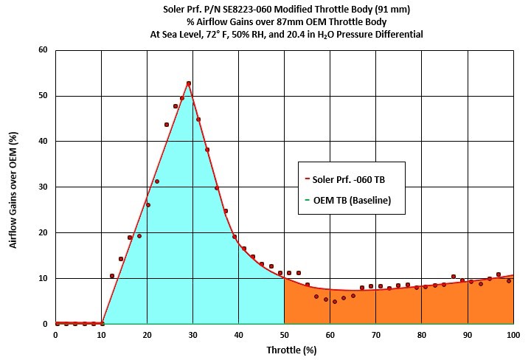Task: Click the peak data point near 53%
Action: click(189, 83)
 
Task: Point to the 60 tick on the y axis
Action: click(43, 50)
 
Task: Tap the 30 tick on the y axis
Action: click(43, 187)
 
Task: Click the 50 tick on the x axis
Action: click(284, 336)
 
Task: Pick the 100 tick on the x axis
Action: click(513, 336)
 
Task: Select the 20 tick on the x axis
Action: click(147, 336)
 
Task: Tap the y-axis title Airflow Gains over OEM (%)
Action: click(14, 187)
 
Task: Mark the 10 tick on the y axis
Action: click(43, 278)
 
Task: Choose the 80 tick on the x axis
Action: click(421, 336)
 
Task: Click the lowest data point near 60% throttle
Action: click(334, 301)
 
